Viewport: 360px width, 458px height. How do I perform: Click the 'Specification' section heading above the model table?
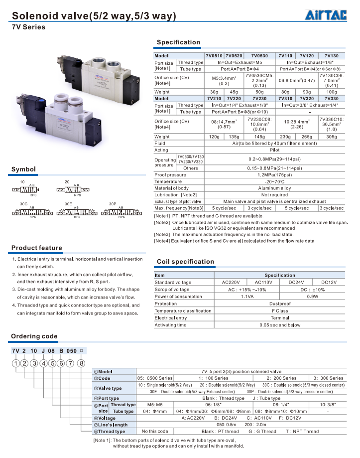click(178, 42)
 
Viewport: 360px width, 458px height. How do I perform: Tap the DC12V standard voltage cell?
click(329, 283)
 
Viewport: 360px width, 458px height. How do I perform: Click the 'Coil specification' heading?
click(185, 262)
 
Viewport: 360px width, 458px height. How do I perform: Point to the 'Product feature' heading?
click(37, 248)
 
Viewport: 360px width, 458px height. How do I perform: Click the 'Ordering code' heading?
click(34, 336)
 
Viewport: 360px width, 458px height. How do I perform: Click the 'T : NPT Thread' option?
click(302, 432)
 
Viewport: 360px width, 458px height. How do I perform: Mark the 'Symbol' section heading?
click(24, 169)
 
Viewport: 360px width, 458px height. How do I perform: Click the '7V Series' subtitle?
click(28, 27)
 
